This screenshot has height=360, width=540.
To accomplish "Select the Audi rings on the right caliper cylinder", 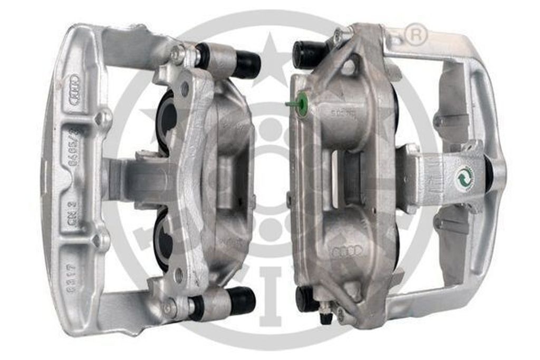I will pyautogui.click(x=347, y=251).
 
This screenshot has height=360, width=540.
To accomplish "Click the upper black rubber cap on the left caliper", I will pyautogui.click(x=246, y=64).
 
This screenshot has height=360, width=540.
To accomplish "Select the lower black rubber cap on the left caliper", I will pyautogui.click(x=242, y=300).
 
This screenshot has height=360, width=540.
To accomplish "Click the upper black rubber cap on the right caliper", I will pyautogui.click(x=308, y=53).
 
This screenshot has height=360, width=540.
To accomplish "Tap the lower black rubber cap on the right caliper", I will pyautogui.click(x=306, y=299).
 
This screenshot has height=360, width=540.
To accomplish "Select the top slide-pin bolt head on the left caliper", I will pyautogui.click(x=178, y=54).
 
